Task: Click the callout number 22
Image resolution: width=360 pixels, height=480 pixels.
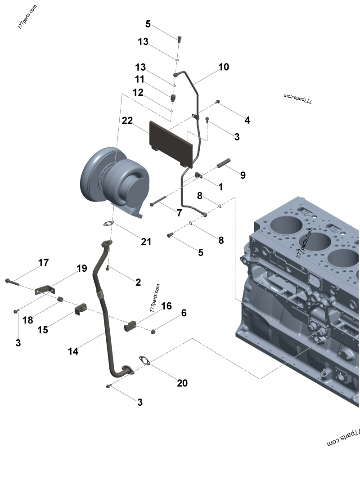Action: pyautogui.click(x=127, y=121)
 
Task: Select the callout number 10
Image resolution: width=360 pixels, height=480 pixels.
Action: pyautogui.click(x=224, y=67)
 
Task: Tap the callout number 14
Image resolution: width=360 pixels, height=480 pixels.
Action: pyautogui.click(x=73, y=351)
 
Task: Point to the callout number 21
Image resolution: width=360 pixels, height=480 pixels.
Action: pyautogui.click(x=146, y=242)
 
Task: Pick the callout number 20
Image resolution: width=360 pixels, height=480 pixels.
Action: pyautogui.click(x=182, y=383)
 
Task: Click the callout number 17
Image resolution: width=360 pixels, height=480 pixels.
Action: pyautogui.click(x=44, y=263)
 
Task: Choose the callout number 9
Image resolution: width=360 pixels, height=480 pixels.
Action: pyautogui.click(x=243, y=175)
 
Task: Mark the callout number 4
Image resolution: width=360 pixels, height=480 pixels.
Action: pyautogui.click(x=247, y=120)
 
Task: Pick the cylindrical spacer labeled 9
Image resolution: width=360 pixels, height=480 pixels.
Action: pyautogui.click(x=223, y=164)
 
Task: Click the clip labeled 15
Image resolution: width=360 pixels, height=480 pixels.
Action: pyautogui.click(x=80, y=309)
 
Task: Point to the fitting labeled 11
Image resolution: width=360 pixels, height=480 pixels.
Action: pyautogui.click(x=174, y=97)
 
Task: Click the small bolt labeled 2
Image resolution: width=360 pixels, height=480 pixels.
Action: pyautogui.click(x=108, y=268)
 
